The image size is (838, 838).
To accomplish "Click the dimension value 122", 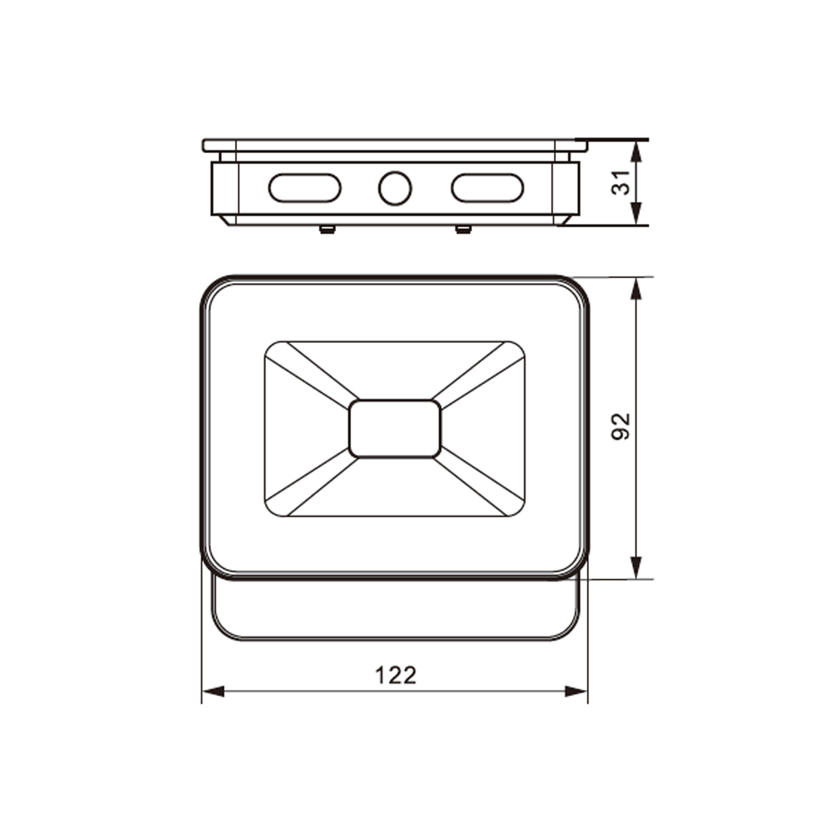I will pyautogui.click(x=395, y=675).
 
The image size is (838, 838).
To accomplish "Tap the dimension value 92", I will pyautogui.click(x=621, y=427).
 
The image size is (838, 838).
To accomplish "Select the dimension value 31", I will pyautogui.click(x=621, y=182).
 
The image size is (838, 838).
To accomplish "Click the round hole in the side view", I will pyautogui.click(x=395, y=188).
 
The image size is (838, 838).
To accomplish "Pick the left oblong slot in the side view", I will pyautogui.click(x=305, y=188).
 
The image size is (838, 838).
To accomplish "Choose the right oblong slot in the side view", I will pyautogui.click(x=487, y=188).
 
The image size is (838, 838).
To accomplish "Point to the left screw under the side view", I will pyautogui.click(x=327, y=229).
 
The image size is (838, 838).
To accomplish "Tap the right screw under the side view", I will pyautogui.click(x=463, y=229).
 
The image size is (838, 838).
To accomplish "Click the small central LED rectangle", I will pyautogui.click(x=395, y=429).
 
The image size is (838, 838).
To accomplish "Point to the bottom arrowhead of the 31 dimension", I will pyautogui.click(x=636, y=214).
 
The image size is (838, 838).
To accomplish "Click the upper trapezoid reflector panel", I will pyautogui.click(x=395, y=368).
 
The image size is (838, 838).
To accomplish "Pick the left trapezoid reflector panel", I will pyautogui.click(x=305, y=429).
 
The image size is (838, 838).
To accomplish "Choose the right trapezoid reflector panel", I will pyautogui.click(x=484, y=429).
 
